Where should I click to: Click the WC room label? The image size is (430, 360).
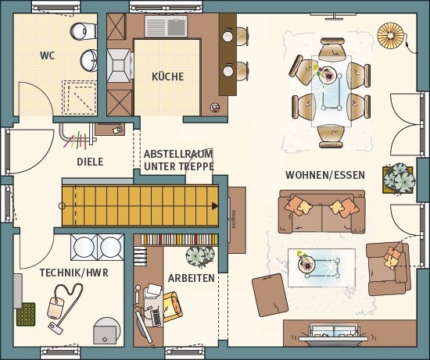(48, 55)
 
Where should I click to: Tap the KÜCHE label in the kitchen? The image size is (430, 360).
(168, 77)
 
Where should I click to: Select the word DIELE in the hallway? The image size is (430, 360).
(90, 162)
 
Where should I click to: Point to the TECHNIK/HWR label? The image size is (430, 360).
(74, 273)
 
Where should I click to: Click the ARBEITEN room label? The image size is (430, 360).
(191, 278)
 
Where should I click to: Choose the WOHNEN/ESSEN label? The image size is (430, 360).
(325, 175)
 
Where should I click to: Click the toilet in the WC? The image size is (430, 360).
(83, 30)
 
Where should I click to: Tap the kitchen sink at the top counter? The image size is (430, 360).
(166, 26)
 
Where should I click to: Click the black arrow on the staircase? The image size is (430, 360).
(215, 206)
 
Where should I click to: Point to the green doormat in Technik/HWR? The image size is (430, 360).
(26, 314)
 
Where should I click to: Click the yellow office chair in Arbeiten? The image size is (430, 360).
(172, 307)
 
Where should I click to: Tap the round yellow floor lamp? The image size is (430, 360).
(391, 35)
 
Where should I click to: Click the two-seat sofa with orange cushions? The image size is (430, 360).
(321, 212)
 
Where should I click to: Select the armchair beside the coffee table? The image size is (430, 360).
(389, 269)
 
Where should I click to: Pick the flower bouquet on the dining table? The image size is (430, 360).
(324, 73)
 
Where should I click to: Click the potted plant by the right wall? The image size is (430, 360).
(399, 178)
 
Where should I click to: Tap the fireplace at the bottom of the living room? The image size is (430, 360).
(334, 333)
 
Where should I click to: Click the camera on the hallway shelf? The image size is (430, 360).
(117, 130)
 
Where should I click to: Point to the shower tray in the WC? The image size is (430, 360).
(79, 98)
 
